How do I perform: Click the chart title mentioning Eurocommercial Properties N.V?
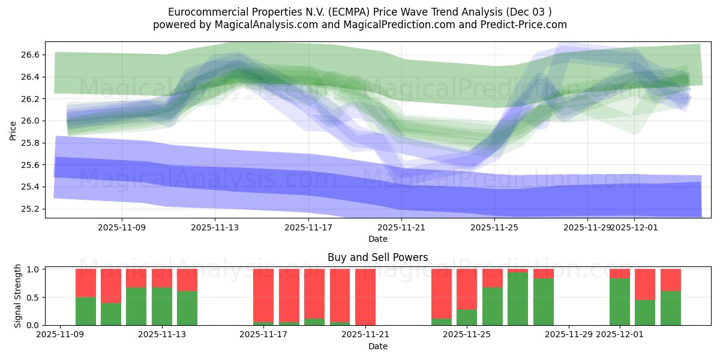coord(360,11)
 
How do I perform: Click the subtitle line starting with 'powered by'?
coord(360,25)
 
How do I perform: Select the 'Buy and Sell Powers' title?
coord(378,257)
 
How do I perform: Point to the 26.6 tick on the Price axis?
coord(31,55)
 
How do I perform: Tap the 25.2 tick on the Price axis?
coord(31,209)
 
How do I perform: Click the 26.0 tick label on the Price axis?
coord(31,121)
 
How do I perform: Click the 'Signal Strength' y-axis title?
coord(17,296)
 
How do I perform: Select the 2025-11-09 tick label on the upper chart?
coord(122,227)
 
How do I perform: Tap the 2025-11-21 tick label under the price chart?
coord(401,227)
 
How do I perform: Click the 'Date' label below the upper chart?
coord(378,239)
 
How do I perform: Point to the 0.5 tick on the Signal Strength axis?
coord(34,297)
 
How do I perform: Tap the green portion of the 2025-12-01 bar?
coord(620,301)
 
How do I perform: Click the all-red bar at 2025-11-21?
coord(365,297)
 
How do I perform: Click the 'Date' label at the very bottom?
coord(378,346)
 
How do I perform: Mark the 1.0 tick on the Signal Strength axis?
coord(34,269)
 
